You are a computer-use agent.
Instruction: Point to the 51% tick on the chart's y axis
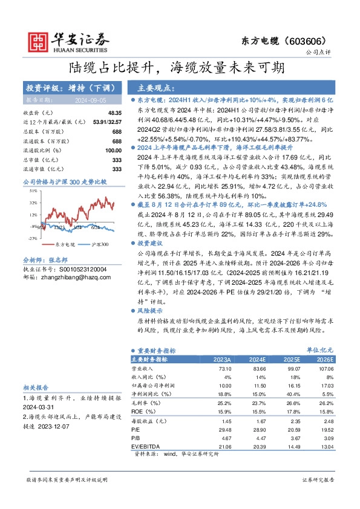(33, 190)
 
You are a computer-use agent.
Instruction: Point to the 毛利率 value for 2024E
(258, 403)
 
